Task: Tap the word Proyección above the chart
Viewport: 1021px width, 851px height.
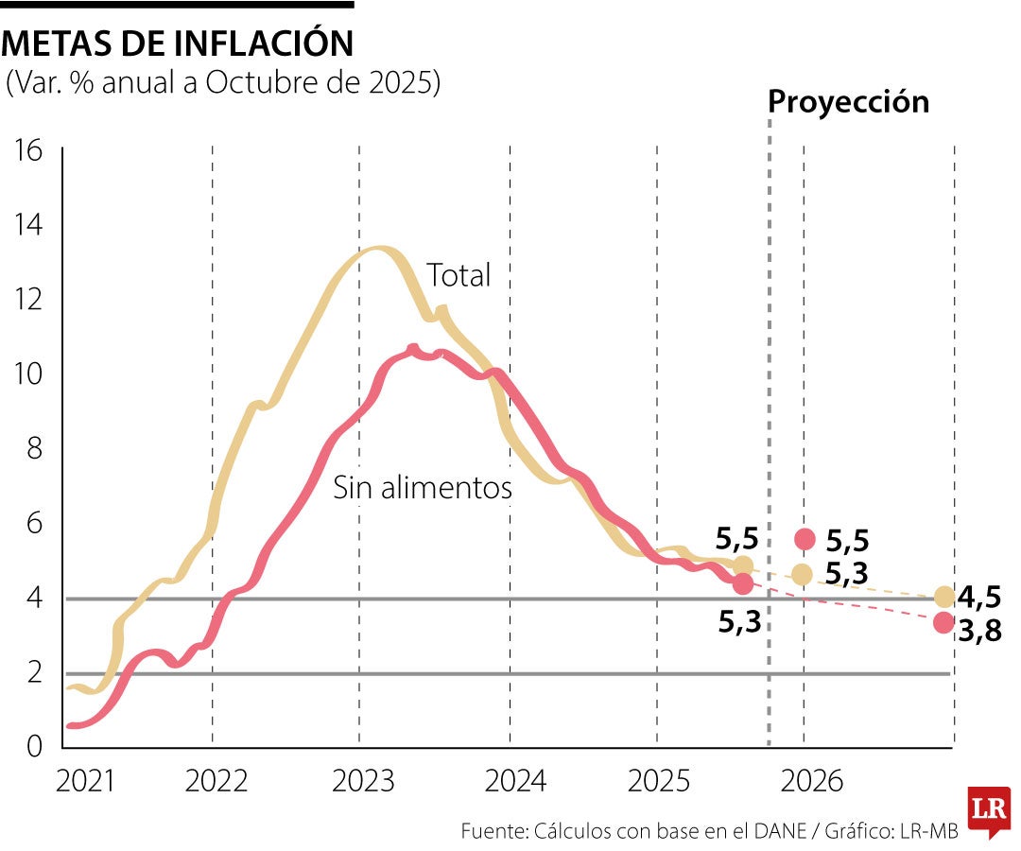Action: (x=848, y=102)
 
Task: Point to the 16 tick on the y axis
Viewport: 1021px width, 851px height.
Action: (x=30, y=150)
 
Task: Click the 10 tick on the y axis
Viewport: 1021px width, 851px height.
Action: (x=30, y=373)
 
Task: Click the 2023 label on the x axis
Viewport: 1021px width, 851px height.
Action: (x=364, y=781)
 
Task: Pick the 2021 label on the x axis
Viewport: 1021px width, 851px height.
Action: (x=85, y=781)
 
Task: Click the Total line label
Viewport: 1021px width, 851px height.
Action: (x=459, y=275)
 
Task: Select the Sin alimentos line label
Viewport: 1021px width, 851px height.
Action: (x=423, y=488)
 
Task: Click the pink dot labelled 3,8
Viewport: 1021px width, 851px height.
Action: (x=943, y=622)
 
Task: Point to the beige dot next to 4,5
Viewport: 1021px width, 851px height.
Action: (x=943, y=597)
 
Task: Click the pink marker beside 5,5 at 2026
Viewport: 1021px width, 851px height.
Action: (x=805, y=539)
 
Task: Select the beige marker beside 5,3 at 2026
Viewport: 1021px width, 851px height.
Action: (x=802, y=574)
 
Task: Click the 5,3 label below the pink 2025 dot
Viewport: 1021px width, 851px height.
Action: (x=738, y=621)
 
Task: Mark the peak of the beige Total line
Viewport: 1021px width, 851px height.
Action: (x=376, y=249)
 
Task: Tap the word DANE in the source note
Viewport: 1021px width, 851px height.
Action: (x=781, y=831)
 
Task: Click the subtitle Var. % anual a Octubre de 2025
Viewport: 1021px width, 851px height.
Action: (x=223, y=82)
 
